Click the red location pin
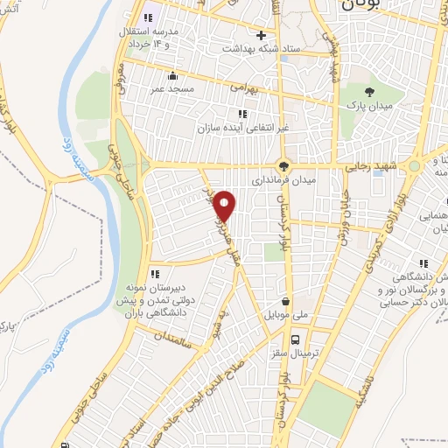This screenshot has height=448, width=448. [226, 205]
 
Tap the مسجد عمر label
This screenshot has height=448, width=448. [171, 87]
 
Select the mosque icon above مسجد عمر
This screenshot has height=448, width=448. [172, 75]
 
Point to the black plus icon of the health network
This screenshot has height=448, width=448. [260, 35]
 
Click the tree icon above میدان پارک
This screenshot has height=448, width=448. [372, 90]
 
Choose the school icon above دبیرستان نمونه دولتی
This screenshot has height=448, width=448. [155, 275]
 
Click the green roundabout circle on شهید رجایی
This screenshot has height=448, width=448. [413, 164]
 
